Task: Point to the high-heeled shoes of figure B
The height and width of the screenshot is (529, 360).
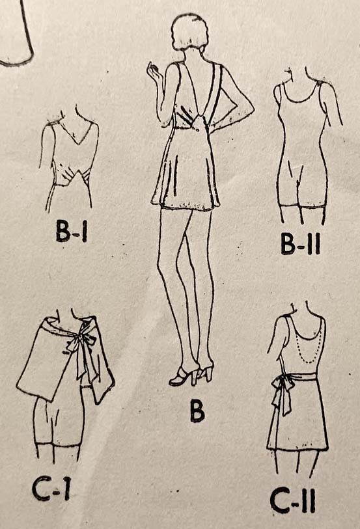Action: click(191, 375)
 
